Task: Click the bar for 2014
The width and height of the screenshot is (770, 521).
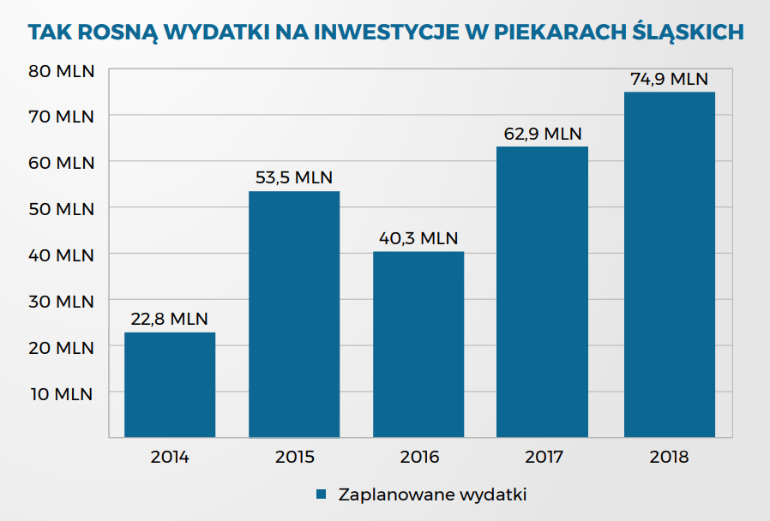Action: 170,385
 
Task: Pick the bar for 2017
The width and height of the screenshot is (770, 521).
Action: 543,292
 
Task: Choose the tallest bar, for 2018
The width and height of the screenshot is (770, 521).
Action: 669,265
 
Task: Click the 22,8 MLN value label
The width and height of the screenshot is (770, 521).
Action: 170,319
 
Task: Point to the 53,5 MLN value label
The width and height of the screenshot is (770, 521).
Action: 294,177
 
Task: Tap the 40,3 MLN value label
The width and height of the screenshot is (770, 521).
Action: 418,238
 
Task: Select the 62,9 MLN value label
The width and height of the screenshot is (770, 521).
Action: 543,134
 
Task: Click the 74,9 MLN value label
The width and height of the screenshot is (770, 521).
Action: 669,79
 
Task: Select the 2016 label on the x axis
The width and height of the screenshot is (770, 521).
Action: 418,457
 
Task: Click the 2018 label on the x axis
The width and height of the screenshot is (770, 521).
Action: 669,457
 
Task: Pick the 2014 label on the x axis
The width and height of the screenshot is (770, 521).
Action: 170,457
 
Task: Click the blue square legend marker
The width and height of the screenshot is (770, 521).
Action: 322,494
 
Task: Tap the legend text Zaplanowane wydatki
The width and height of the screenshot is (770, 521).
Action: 431,495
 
